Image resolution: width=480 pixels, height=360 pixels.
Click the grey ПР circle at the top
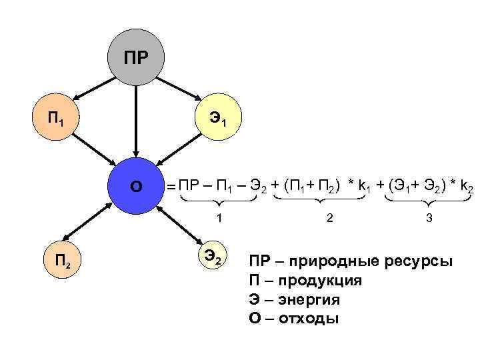click(x=136, y=57)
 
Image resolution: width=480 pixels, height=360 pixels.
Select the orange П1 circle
click(x=56, y=121)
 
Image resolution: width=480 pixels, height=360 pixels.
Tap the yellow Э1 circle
click(x=218, y=121)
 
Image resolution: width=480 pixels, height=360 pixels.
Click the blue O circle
click(x=136, y=186)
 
